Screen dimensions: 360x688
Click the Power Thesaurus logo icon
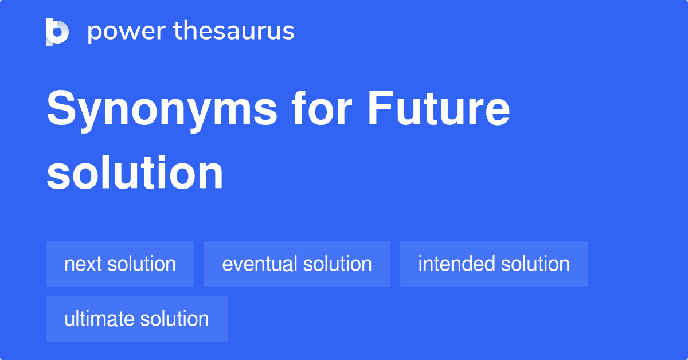tap(57, 32)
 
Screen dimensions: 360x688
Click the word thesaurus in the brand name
tap(234, 32)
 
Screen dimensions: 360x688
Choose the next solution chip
tap(120, 264)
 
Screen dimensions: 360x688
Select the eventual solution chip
tap(297, 264)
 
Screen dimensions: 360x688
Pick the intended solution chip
tap(494, 264)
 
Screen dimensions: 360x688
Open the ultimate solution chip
tap(136, 319)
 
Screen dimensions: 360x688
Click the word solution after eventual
tap(337, 264)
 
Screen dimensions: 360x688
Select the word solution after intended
tap(535, 264)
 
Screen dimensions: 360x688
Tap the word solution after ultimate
tap(174, 319)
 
